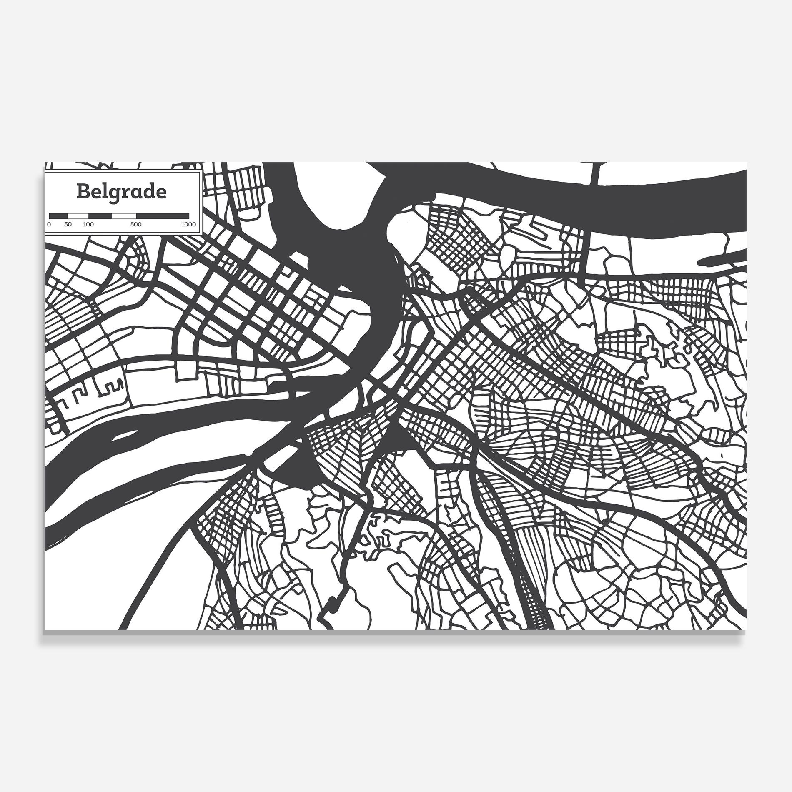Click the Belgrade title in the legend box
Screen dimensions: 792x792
121,192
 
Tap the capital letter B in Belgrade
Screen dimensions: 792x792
83,192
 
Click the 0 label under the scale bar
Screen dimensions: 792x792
49,225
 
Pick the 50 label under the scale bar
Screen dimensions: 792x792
68,225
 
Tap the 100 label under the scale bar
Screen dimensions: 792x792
88,225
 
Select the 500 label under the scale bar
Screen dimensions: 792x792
135,225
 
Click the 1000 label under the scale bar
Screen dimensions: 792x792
188,225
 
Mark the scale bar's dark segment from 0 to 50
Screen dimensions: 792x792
58,216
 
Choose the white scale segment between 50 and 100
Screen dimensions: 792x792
78,216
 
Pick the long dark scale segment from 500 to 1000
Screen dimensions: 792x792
162,216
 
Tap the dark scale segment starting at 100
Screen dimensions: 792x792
100,216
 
